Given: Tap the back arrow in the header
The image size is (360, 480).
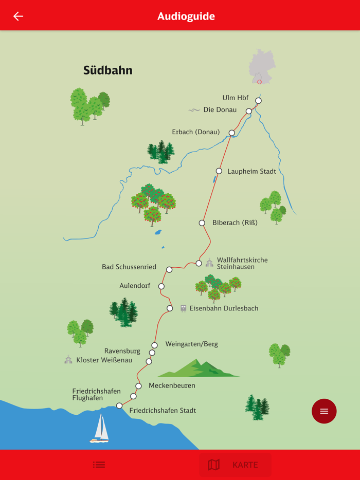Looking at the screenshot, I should (x=18, y=16).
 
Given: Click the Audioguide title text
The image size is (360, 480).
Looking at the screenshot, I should (x=186, y=16).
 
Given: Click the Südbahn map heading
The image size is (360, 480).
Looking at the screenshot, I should (x=107, y=70).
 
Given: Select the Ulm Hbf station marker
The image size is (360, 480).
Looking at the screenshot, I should (x=258, y=101).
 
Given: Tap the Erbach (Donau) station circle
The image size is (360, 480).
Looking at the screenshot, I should (x=231, y=133).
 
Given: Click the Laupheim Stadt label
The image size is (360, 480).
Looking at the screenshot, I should (x=251, y=172).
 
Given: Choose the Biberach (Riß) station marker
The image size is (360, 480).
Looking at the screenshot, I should (x=202, y=223).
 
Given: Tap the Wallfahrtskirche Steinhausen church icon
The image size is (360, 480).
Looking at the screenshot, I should (x=209, y=263).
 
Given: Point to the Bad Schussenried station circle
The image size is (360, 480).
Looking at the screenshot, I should (x=169, y=269).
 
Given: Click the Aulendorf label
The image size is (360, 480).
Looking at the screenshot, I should (x=135, y=286).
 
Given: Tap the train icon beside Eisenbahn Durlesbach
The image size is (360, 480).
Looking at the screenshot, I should (x=183, y=308).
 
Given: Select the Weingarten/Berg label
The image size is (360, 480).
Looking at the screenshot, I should (x=191, y=344).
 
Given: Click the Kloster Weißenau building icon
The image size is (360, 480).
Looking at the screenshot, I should (x=68, y=360).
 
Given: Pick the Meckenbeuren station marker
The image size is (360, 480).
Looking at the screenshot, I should (x=138, y=386).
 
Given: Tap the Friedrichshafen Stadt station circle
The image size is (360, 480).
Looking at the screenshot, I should (x=119, y=406).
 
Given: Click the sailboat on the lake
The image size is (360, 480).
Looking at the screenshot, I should (x=100, y=428).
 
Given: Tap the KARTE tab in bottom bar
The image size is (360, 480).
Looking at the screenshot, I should (x=235, y=465).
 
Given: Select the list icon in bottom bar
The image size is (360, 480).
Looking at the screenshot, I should (x=99, y=465).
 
